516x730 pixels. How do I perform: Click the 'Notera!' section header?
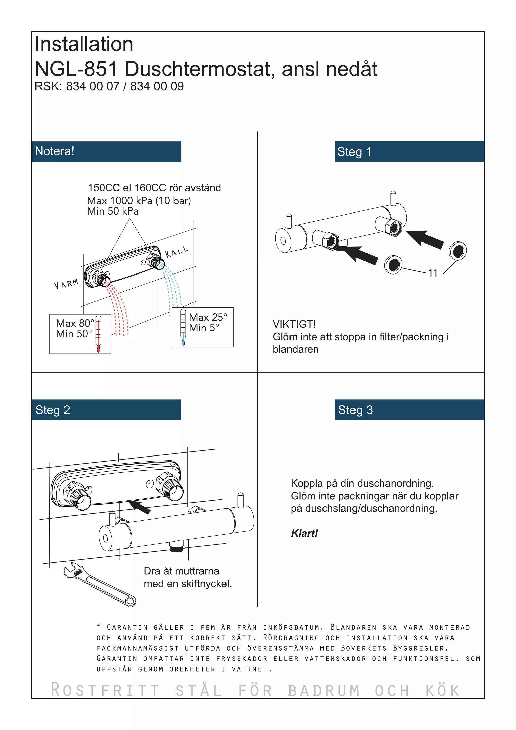(106, 152)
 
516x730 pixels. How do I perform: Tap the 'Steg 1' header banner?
(409, 152)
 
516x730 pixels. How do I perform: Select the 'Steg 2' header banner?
(106, 410)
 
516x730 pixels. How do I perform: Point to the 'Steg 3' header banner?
(409, 410)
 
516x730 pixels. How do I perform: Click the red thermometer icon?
(99, 334)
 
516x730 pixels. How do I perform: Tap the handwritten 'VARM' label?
(66, 284)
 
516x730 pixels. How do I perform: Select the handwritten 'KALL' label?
(177, 252)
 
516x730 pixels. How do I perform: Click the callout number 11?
(433, 273)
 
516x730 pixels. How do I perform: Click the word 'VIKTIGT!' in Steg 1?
(294, 324)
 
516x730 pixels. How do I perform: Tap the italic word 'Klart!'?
(304, 533)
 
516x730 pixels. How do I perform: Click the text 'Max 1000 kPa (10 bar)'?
(139, 201)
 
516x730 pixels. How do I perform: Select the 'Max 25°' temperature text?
(208, 317)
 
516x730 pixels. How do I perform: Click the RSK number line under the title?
(109, 86)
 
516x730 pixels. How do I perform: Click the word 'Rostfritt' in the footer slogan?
(105, 691)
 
